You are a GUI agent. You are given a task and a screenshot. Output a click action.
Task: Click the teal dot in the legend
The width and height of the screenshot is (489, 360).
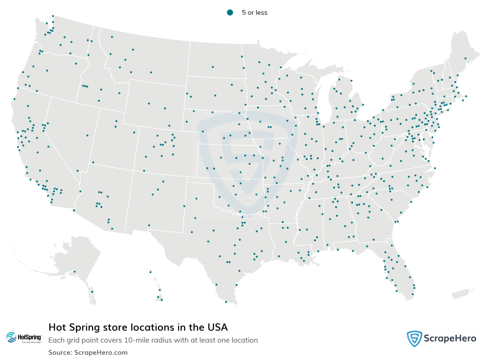click(x=230, y=12)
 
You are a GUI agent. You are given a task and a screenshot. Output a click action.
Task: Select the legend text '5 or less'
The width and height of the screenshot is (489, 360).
click(x=255, y=13)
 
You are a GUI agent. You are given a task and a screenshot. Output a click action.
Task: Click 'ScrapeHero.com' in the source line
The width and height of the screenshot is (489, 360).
click(x=101, y=352)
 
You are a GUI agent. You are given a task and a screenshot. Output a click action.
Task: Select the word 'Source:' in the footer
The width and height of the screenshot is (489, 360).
click(x=60, y=352)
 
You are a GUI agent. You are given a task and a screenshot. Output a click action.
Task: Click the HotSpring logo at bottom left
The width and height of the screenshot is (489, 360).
click(x=24, y=338)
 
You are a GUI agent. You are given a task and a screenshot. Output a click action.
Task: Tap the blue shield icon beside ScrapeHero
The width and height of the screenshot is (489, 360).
click(x=415, y=339)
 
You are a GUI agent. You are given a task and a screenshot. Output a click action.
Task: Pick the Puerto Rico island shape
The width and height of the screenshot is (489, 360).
click(x=462, y=293)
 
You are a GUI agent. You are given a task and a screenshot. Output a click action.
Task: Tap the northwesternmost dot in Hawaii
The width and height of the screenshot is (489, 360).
click(x=150, y=272)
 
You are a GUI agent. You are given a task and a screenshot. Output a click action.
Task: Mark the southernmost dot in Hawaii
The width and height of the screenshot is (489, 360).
click(x=161, y=300)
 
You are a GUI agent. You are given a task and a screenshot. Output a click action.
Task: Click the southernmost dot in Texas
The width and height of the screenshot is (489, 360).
click(x=226, y=302)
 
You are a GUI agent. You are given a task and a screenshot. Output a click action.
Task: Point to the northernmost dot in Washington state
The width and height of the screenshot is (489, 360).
click(x=53, y=16)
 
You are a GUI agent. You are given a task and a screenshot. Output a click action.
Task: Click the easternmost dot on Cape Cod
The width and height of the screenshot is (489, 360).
click(x=466, y=96)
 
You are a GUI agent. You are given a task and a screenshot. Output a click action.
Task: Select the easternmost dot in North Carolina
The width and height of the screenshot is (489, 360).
click(x=434, y=168)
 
